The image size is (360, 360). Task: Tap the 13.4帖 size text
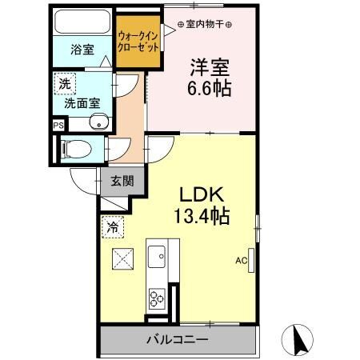point(200,216)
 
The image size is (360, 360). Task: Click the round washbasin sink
point(98,122)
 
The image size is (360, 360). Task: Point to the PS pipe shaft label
point(57,125)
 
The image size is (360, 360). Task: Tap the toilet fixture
point(74,148)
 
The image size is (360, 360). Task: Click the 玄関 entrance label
point(122,181)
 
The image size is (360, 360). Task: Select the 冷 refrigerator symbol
point(114,228)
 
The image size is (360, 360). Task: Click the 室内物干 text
point(204,23)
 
